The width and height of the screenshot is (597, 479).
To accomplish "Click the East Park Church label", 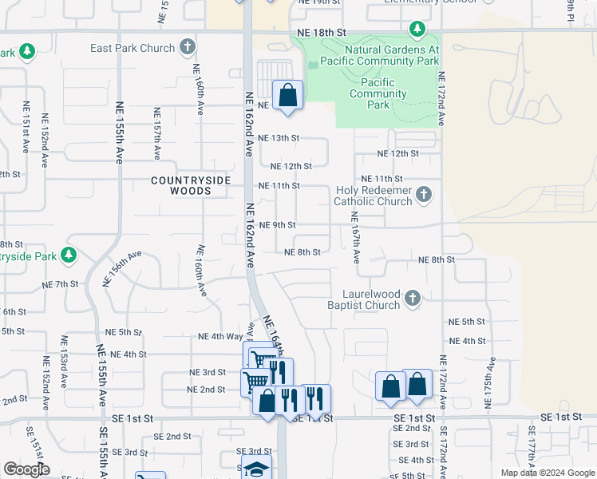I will coord(132,48).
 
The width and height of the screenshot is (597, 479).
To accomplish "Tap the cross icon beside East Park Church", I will coord(188,47).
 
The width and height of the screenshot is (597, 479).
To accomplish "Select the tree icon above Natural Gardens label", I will coord(417,30).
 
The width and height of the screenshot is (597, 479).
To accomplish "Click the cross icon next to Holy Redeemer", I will coord(425,194).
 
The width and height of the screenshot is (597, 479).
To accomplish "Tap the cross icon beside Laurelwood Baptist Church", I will coord(412,299).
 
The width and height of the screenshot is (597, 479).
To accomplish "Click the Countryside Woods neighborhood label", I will coord(191,185).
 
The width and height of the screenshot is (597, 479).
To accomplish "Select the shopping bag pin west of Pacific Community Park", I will coord(288,96).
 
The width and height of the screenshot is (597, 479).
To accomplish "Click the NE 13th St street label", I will coord(279,137).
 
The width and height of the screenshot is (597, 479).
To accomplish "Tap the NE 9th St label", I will coord(279,225).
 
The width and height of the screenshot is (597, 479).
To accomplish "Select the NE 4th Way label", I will coord(221,337).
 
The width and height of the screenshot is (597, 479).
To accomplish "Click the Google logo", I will coord(26,469).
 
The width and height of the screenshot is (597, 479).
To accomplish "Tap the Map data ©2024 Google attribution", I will coord(546,473).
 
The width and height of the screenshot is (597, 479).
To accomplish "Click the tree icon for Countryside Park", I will coord(69,255).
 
